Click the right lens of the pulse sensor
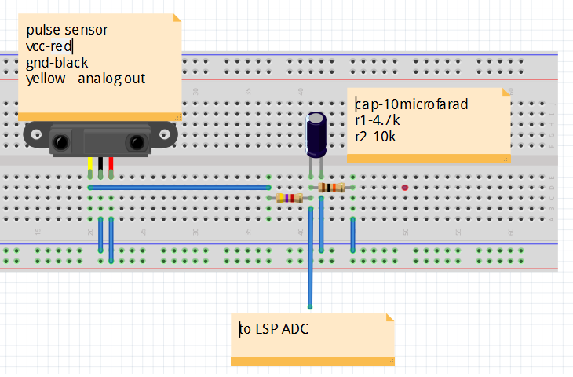click(137, 142)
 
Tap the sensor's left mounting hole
click(32, 134)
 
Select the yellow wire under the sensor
click(90, 165)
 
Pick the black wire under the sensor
click(100, 165)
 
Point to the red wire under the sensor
click(111, 165)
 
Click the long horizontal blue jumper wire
click(181, 188)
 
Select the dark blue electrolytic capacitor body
click(317, 133)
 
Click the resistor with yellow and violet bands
click(290, 199)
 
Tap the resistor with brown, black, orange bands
click(332, 188)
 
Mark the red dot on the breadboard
click(405, 188)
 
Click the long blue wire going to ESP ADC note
click(311, 259)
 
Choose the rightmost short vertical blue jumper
click(353, 234)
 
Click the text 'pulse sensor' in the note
click(67, 30)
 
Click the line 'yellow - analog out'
click(86, 79)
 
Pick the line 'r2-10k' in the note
click(375, 136)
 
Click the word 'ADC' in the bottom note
click(294, 329)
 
